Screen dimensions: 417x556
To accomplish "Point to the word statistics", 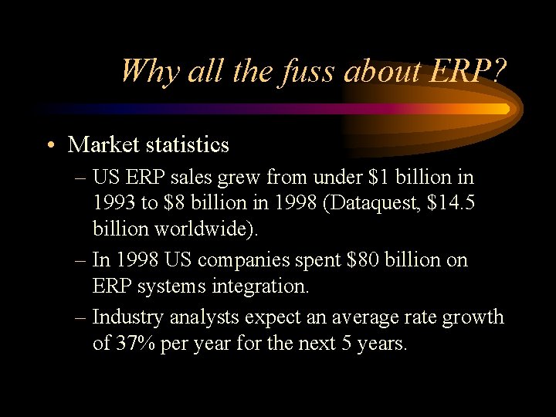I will click(188, 144).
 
